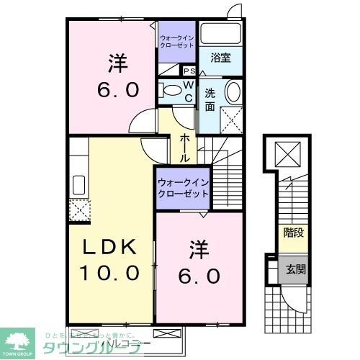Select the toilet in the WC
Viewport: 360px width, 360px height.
(x=171, y=90)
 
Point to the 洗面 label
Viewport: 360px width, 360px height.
(x=210, y=99)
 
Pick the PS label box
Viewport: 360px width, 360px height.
(x=189, y=71)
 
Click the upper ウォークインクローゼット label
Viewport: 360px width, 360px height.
(x=177, y=41)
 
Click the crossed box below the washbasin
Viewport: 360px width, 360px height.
(x=231, y=118)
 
